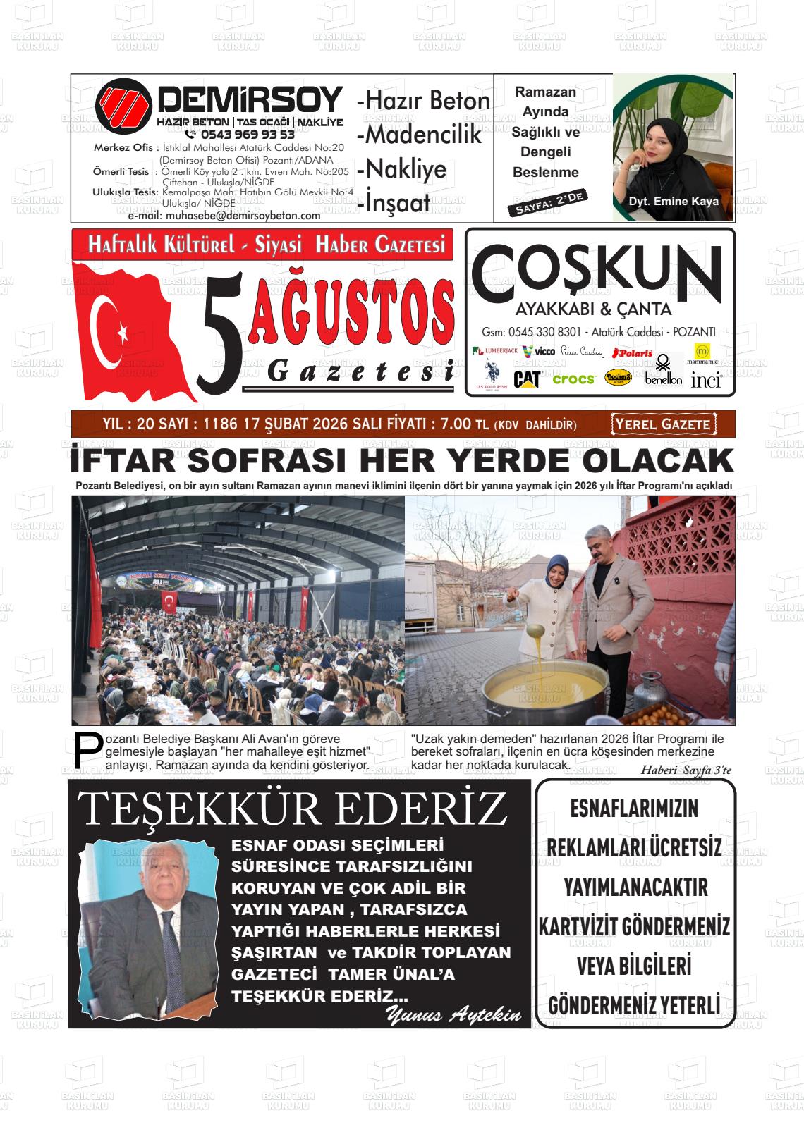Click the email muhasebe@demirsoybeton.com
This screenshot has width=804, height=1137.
click(224, 216)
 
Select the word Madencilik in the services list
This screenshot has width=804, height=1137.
click(421, 134)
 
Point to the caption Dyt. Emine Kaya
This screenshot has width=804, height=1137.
click(674, 202)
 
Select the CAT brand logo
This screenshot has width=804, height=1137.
click(527, 379)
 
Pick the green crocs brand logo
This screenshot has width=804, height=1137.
click(573, 379)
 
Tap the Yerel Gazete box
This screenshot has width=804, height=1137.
click(663, 424)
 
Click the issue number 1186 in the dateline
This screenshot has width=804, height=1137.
click(219, 424)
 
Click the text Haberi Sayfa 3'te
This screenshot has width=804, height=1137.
click(686, 770)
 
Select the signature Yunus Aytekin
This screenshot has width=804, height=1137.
click(453, 1016)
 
